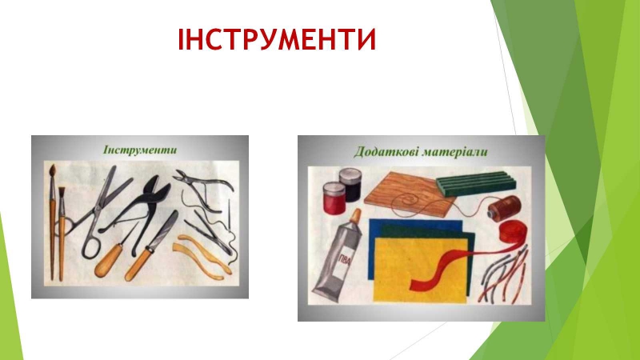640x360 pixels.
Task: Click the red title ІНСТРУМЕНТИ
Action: point(277,39)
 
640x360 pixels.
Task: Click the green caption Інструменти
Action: point(140,150)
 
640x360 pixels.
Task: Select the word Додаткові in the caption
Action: point(386,152)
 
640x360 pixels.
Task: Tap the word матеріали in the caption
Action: point(454,152)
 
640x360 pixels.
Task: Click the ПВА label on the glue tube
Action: point(345,259)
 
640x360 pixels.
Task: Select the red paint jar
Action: point(334,198)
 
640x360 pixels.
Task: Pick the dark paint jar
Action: point(350,184)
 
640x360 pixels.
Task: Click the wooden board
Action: point(409,193)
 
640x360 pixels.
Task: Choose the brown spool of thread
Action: point(505,208)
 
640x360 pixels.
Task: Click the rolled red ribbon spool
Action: point(513,231)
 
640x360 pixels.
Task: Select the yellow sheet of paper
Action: point(421,270)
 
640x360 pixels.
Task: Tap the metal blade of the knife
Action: point(163,230)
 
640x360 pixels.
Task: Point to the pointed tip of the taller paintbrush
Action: point(52,166)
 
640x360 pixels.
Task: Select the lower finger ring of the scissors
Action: point(90,246)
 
